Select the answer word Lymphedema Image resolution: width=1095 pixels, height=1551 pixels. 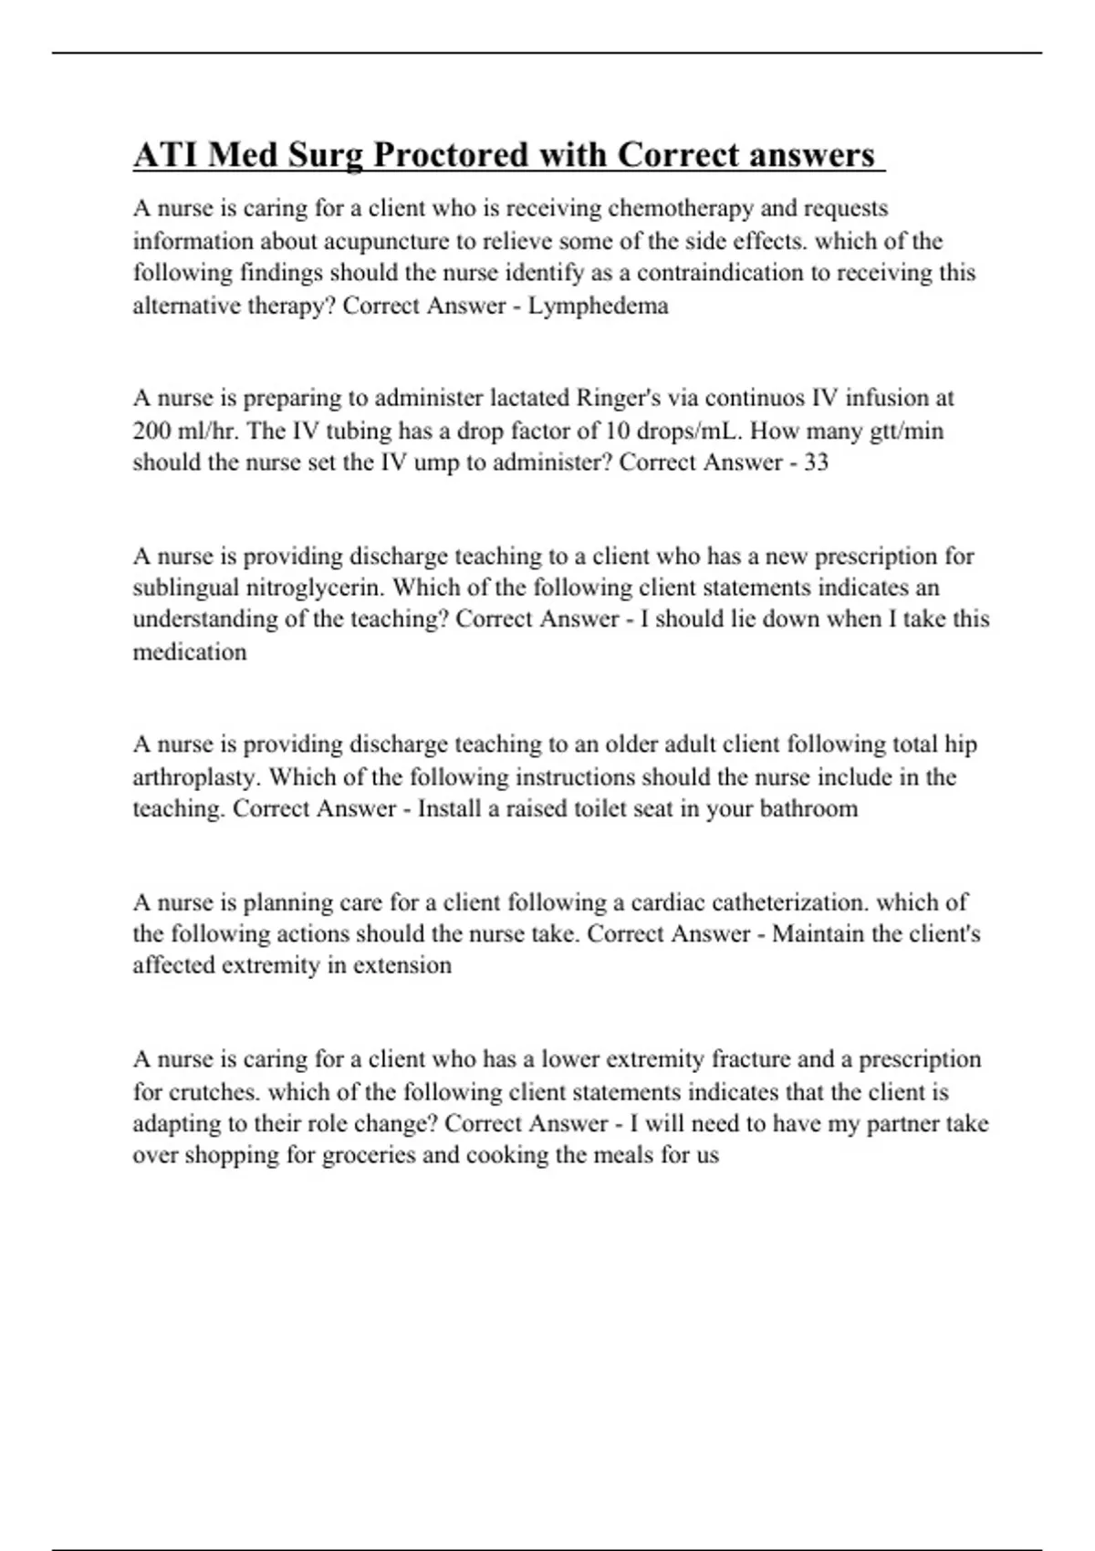598,306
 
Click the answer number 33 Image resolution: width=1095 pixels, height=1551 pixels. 815,463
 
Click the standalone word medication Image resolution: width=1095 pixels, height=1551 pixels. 190,652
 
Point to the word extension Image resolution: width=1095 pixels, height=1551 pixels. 402,965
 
